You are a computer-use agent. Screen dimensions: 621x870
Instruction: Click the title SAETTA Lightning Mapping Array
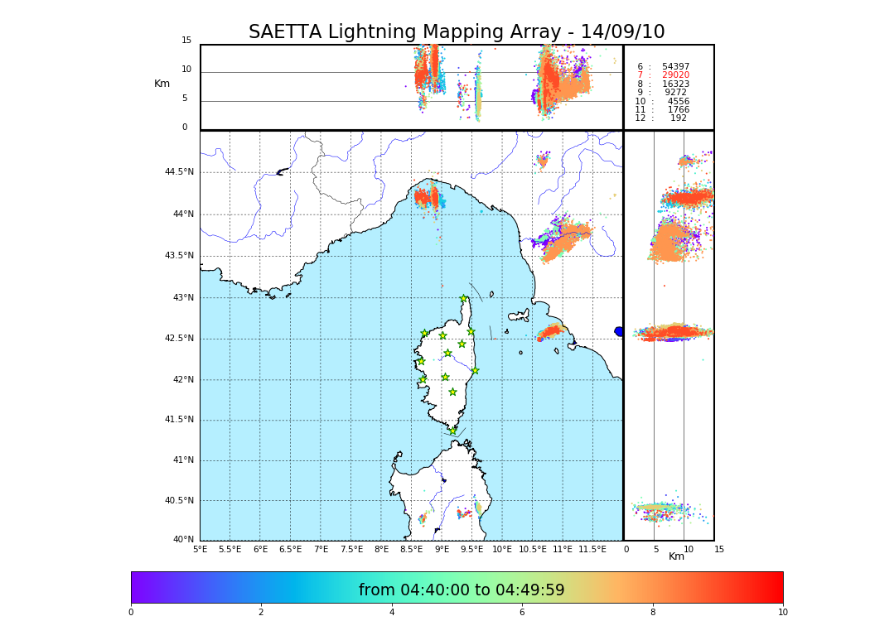pyautogui.click(x=457, y=32)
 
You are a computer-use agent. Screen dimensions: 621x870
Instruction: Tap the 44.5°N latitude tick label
pyautogui.click(x=178, y=172)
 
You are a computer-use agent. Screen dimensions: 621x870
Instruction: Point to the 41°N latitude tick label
pyautogui.click(x=181, y=460)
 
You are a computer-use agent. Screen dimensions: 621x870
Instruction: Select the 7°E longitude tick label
pyautogui.click(x=321, y=549)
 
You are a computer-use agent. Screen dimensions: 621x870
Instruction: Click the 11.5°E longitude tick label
pyautogui.click(x=592, y=549)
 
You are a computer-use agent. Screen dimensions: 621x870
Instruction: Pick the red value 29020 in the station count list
pyautogui.click(x=675, y=75)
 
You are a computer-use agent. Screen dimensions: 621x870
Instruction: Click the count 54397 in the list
pyautogui.click(x=675, y=66)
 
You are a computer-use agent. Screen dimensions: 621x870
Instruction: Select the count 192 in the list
pyautogui.click(x=678, y=118)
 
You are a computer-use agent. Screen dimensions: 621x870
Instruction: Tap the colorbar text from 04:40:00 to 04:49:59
pyautogui.click(x=462, y=590)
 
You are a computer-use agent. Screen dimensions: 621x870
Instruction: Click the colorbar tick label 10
pyautogui.click(x=782, y=613)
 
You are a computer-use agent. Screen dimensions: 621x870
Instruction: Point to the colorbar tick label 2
pyautogui.click(x=261, y=613)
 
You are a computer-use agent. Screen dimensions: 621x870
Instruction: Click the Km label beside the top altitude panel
pyautogui.click(x=162, y=84)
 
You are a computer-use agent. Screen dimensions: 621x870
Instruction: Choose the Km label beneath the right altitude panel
pyautogui.click(x=676, y=556)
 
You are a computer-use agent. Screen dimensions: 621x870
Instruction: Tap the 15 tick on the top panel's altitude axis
pyautogui.click(x=186, y=41)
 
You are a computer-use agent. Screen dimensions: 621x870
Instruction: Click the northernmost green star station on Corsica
pyautogui.click(x=464, y=299)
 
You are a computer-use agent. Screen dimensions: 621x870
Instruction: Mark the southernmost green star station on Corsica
pyautogui.click(x=452, y=431)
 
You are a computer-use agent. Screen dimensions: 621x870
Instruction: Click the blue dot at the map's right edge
pyautogui.click(x=619, y=331)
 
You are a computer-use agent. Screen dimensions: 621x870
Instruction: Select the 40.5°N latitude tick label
pyautogui.click(x=178, y=500)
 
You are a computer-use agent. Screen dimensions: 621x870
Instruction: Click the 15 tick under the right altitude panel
pyautogui.click(x=718, y=549)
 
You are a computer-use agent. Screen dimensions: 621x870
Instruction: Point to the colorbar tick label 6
pyautogui.click(x=522, y=613)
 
